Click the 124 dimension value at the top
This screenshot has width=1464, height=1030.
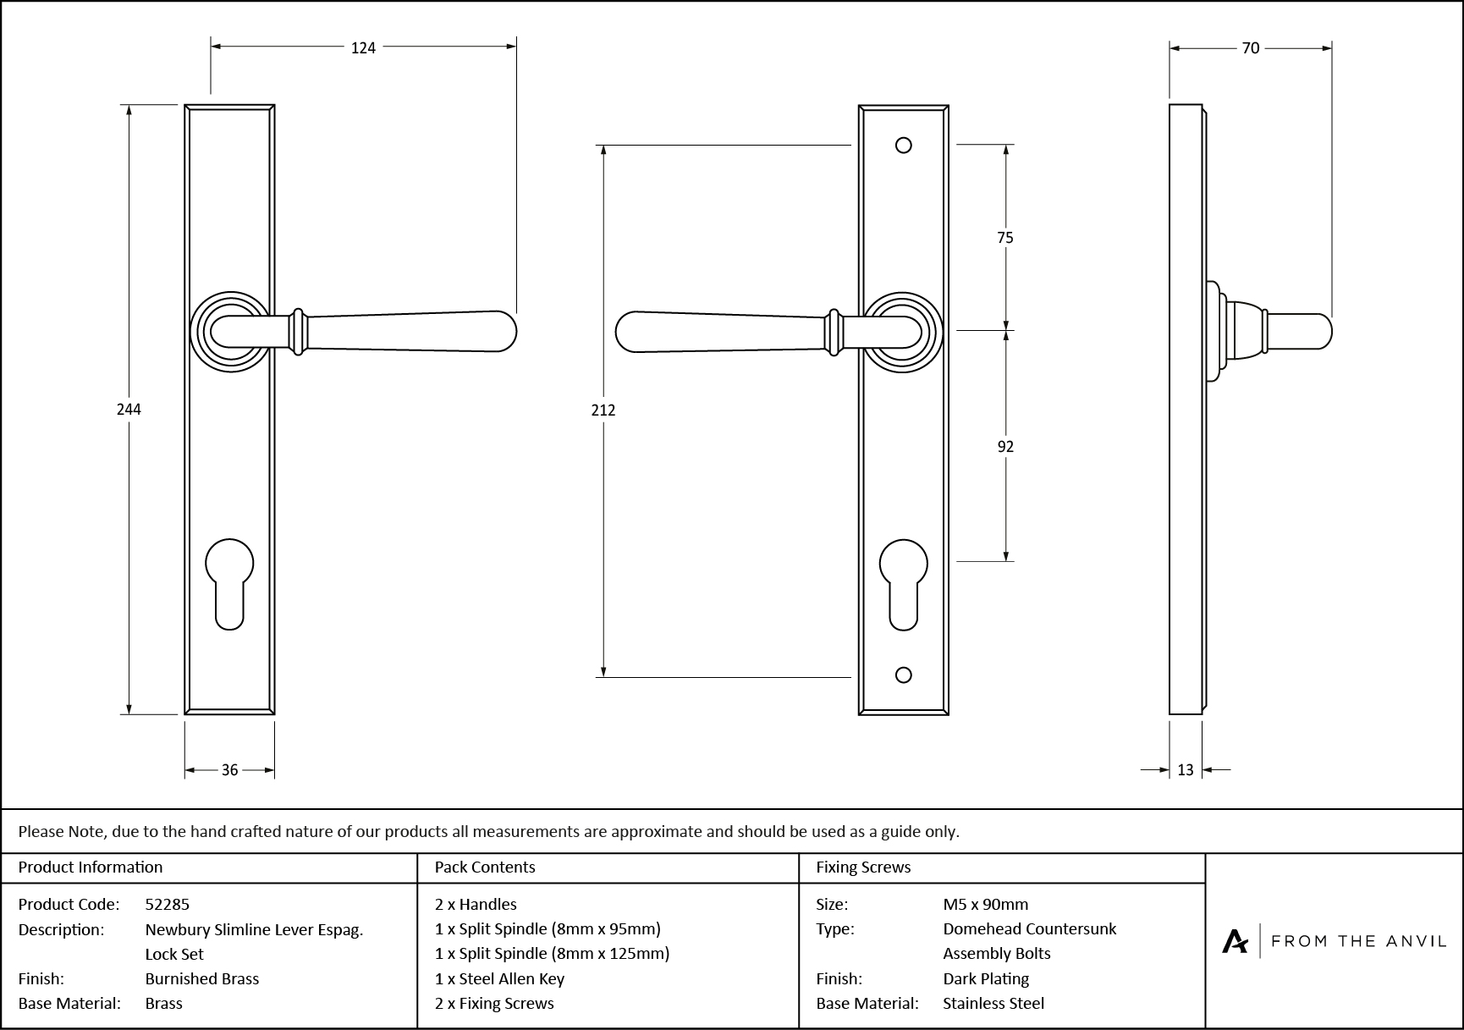click(x=363, y=48)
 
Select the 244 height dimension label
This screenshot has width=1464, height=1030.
click(x=129, y=410)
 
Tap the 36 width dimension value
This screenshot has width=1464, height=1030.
click(x=229, y=770)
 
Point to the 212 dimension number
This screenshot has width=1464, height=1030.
click(x=603, y=410)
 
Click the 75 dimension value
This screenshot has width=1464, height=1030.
click(x=1004, y=239)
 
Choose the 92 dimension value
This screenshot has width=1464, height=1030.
click(x=1004, y=447)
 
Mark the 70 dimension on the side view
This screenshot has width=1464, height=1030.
click(x=1250, y=49)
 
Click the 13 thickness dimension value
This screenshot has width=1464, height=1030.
click(x=1185, y=770)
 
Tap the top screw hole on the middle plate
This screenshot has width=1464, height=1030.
click(x=903, y=146)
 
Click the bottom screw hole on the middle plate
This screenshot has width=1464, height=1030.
click(x=903, y=675)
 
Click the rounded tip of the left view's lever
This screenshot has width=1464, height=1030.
click(x=506, y=331)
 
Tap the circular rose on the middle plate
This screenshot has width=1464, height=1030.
click(x=903, y=332)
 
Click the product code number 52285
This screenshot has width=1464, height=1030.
click(x=168, y=905)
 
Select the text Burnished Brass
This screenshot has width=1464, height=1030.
click(x=201, y=979)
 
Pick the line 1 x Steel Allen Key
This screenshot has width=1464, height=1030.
click(x=499, y=979)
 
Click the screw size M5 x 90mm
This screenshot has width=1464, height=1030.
click(x=985, y=905)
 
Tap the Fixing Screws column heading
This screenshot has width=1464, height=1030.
click(x=863, y=868)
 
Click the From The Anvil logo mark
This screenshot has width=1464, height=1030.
click(x=1235, y=941)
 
